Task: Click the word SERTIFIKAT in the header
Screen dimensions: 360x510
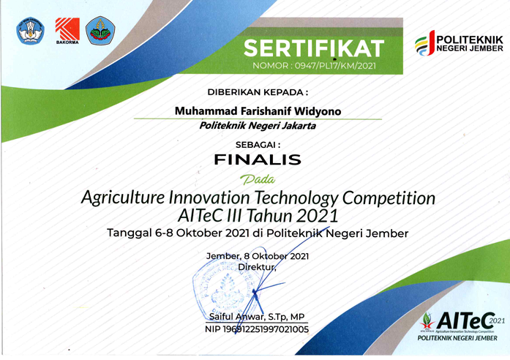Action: tap(313, 49)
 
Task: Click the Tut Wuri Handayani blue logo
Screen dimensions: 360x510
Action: tap(29, 30)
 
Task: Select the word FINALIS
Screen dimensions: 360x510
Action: tap(255, 158)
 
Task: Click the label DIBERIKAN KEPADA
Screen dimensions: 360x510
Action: tap(257, 92)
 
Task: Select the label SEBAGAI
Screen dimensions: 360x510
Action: tap(255, 144)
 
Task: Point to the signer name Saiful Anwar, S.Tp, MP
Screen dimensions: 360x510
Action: tap(257, 317)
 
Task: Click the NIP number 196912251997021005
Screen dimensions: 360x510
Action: tap(257, 329)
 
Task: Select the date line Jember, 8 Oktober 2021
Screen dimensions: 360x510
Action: tap(259, 256)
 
